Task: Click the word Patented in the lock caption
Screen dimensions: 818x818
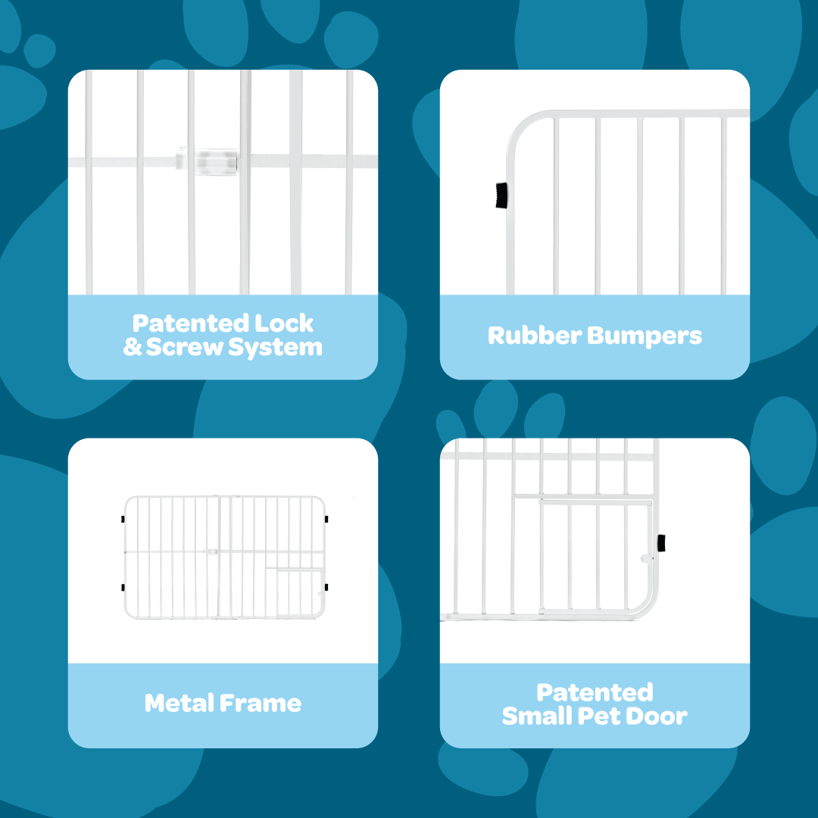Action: tap(190, 323)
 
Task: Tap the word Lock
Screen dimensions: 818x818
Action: tap(284, 323)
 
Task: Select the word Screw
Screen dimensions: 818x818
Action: tap(184, 347)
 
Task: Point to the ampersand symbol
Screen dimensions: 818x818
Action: tap(133, 347)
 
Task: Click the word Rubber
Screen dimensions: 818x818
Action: tap(534, 336)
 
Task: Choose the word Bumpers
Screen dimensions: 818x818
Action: tap(645, 336)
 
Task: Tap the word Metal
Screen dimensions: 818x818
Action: tap(179, 703)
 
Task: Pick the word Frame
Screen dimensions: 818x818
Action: tap(261, 703)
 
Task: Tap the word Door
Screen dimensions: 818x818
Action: tap(656, 717)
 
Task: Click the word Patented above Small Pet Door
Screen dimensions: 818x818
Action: tap(595, 693)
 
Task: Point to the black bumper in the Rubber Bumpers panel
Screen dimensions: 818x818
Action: tap(501, 195)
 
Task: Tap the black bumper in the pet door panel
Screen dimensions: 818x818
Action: tap(661, 543)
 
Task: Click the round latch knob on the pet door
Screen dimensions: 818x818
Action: tap(646, 559)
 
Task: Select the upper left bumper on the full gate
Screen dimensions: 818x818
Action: tap(123, 519)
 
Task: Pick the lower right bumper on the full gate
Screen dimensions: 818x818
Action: tap(326, 588)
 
